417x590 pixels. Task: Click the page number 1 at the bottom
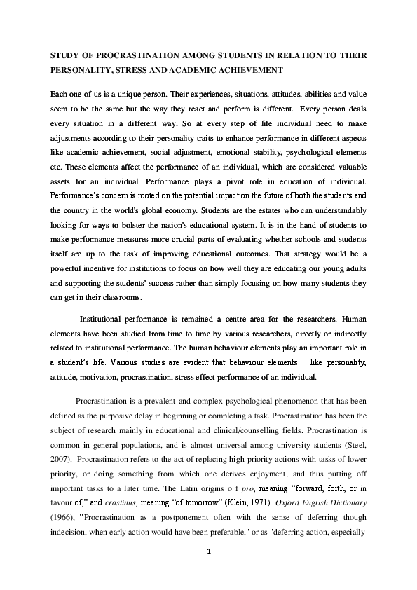209,554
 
